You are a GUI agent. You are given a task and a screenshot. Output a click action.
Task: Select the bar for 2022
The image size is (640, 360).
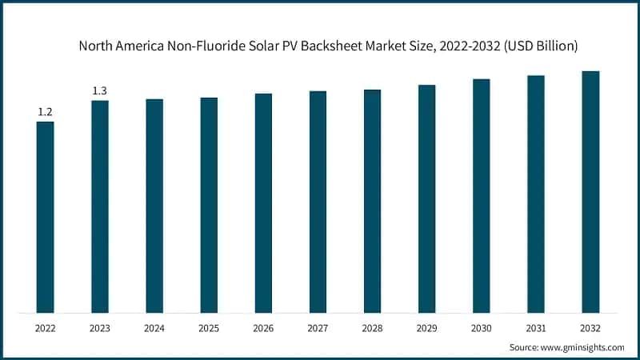[46, 217]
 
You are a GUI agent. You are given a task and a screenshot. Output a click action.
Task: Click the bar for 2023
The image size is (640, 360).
[100, 206]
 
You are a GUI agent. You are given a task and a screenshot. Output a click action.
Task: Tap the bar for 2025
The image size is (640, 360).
[209, 205]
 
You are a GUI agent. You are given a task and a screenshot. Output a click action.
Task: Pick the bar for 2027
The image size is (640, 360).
[318, 202]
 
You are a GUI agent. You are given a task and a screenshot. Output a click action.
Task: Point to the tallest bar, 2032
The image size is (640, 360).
[590, 192]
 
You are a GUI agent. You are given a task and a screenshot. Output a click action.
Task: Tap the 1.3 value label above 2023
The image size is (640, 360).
[100, 91]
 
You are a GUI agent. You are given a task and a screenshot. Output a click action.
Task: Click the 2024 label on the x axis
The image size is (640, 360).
[154, 327]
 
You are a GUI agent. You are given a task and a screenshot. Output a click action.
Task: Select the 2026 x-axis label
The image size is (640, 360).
[263, 327]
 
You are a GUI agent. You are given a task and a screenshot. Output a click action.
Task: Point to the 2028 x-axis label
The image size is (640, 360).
[372, 327]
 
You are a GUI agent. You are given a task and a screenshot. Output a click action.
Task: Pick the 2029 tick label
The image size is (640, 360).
[426, 327]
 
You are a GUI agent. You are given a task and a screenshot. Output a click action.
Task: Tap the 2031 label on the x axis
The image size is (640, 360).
[536, 327]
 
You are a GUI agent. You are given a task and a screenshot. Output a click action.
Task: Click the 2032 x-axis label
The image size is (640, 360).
[590, 327]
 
